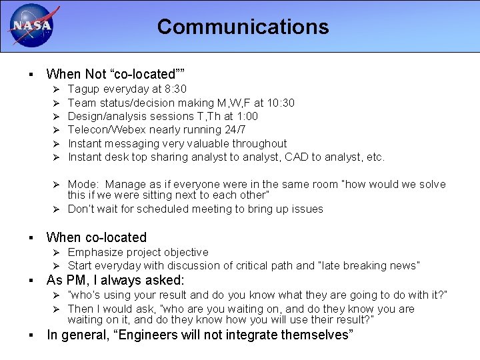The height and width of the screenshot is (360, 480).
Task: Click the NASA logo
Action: pos(29,26)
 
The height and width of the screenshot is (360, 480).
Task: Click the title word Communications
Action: pos(243,27)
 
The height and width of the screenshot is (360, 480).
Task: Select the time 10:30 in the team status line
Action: pos(281,103)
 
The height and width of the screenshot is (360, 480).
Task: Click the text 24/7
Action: pos(233,129)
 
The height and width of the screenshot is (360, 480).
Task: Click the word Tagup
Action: pos(83,89)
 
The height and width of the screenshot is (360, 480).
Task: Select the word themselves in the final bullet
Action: pos(312,335)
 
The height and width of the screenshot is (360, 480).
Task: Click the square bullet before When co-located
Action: pos(31,238)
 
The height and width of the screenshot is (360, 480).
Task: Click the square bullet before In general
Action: pos(31,335)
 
